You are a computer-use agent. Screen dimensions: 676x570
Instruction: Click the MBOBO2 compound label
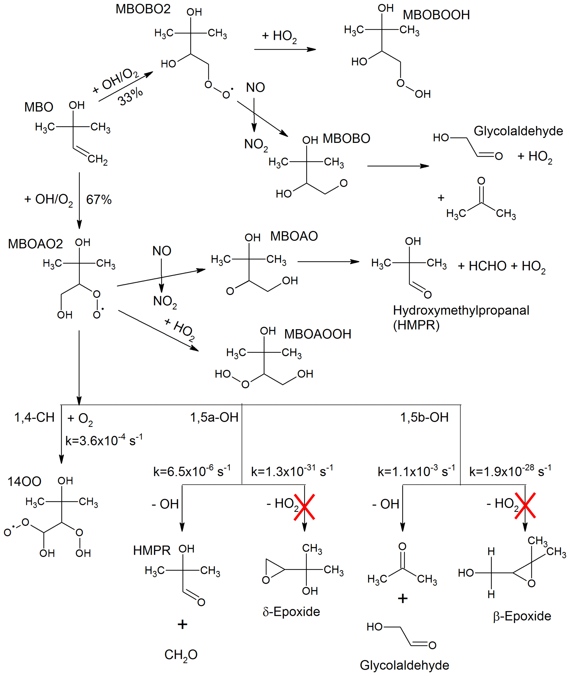pos(143,9)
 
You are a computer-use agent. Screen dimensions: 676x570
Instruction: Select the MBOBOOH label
pos(436,15)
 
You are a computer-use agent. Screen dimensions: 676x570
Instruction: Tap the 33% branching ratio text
pos(130,96)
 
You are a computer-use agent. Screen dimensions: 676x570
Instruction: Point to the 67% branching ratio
pos(99,199)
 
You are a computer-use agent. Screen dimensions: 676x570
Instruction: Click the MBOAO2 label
pos(35,244)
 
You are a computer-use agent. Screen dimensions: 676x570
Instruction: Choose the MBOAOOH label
pos(317,334)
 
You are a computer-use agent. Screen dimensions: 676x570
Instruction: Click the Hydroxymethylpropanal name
pos(461,310)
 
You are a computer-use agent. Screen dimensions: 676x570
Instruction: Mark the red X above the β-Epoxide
pos(525,505)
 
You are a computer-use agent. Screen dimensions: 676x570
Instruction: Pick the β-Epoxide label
pos(522,616)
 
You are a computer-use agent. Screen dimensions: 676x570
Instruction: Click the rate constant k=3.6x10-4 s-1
pos(104,440)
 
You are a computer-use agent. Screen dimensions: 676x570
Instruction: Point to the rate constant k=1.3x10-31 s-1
pos(292,471)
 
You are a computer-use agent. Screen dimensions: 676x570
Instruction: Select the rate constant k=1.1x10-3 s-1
pos(416,471)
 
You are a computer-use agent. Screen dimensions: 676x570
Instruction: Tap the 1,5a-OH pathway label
pos(214,417)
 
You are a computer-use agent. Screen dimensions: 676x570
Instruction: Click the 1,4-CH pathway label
pos(34,417)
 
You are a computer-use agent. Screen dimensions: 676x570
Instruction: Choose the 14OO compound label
pos(24,482)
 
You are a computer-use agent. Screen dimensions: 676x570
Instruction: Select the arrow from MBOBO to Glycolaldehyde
pos(398,166)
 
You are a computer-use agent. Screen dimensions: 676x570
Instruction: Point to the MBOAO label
pos(294,236)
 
